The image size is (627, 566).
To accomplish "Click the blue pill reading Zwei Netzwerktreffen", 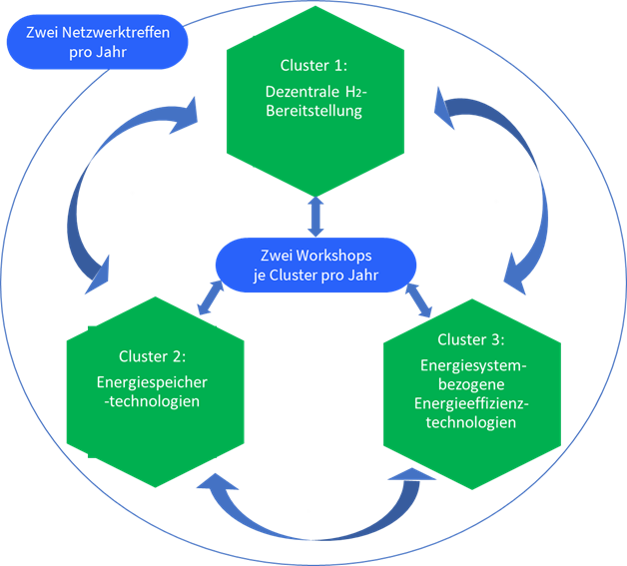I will pyautogui.click(x=98, y=41).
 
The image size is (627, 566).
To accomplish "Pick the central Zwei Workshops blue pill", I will pyautogui.click(x=314, y=265).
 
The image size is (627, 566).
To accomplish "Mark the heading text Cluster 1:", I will pyautogui.click(x=314, y=66).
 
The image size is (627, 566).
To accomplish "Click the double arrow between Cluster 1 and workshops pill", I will pyautogui.click(x=315, y=216).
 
